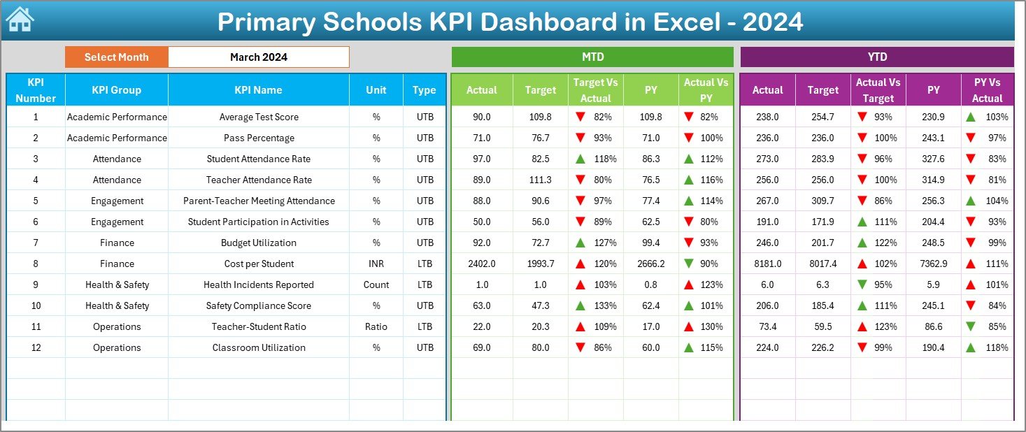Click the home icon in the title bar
(20, 20)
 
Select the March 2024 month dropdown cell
(258, 57)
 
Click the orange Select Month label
(117, 57)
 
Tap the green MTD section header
(592, 57)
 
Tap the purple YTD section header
(876, 57)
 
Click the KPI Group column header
(117, 90)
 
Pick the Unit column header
(376, 90)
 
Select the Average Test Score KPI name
(259, 117)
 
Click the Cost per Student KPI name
(259, 264)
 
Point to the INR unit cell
(376, 264)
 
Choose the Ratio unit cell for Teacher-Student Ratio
(376, 326)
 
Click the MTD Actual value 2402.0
(482, 264)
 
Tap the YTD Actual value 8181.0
(767, 264)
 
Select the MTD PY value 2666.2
(651, 264)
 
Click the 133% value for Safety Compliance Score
(604, 305)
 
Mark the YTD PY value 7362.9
(933, 264)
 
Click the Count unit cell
(376, 285)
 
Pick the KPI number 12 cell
(36, 347)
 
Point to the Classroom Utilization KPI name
(259, 347)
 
